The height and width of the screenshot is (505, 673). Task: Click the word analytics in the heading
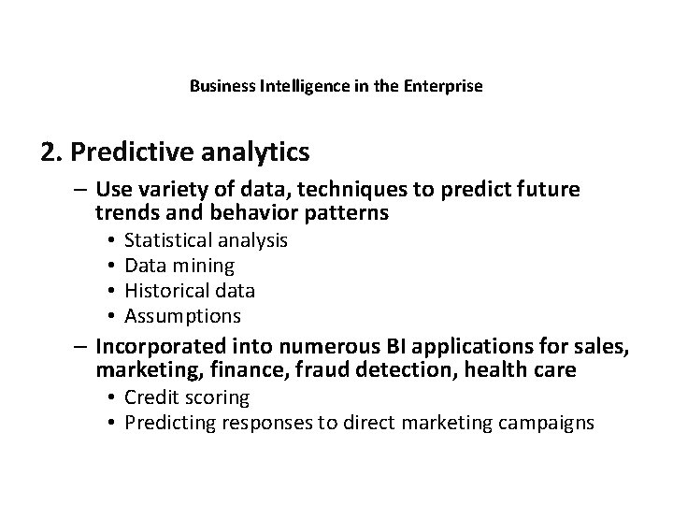(259, 151)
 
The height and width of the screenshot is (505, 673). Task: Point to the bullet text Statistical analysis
(206, 240)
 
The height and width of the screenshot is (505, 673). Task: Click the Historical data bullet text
(190, 291)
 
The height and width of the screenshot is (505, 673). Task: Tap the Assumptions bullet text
(182, 316)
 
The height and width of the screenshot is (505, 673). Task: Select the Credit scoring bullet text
(187, 397)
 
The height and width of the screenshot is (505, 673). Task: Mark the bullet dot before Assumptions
(110, 316)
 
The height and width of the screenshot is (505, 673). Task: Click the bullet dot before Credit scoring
(110, 397)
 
